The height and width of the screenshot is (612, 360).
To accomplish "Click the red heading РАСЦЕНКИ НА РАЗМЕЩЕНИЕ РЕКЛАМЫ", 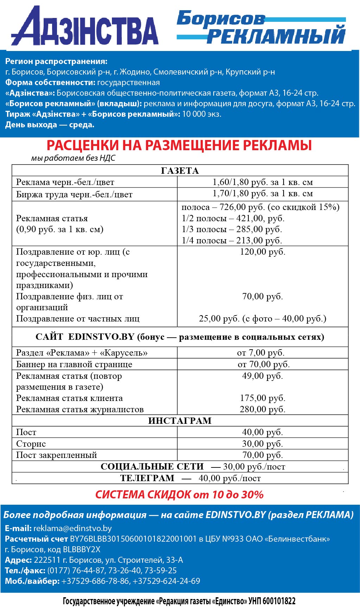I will [x=179, y=145].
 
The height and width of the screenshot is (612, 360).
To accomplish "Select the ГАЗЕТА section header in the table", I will [x=180, y=171].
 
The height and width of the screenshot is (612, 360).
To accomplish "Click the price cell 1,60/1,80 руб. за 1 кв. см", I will [x=263, y=182].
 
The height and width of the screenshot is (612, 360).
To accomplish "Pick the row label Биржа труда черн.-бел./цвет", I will [x=74, y=195].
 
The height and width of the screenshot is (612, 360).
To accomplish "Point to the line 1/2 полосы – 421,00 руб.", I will [x=233, y=218].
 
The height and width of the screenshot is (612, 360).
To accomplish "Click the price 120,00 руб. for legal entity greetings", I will [x=263, y=252].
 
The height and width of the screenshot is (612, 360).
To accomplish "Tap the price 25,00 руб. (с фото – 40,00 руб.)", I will [x=263, y=319].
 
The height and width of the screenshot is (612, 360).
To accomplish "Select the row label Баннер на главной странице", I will [x=74, y=364].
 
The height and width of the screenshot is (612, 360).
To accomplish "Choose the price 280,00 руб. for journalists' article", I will [x=263, y=409].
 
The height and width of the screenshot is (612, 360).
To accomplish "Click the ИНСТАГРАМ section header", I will [x=180, y=421].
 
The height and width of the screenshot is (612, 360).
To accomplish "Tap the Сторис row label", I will [x=31, y=444].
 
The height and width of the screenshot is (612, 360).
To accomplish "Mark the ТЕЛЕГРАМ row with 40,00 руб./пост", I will [x=190, y=478].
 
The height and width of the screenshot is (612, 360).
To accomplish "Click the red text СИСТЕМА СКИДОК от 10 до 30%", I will [x=179, y=495].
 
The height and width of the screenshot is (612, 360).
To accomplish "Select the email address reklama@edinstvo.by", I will [x=72, y=528].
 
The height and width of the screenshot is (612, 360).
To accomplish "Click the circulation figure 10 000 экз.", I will [x=202, y=114].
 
